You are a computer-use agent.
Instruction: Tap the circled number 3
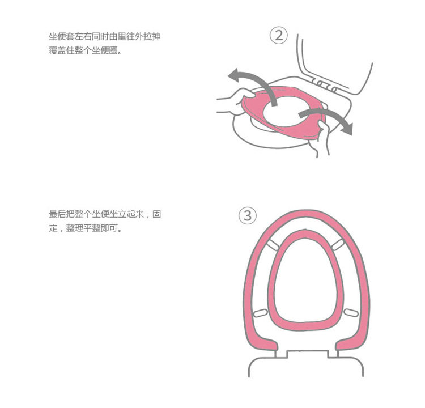coord(248,216)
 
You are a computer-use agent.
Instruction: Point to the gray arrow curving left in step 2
coord(252,82)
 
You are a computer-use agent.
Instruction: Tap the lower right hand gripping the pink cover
coord(324,136)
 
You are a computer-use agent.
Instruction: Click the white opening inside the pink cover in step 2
coord(289,109)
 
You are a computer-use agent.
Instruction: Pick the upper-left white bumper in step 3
coord(273,244)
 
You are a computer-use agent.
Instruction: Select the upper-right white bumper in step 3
coord(339,244)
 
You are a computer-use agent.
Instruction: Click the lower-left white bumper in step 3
coord(261,312)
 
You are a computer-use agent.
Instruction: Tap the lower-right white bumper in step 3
coord(350,312)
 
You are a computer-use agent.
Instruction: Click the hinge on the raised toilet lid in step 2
coord(325,85)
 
